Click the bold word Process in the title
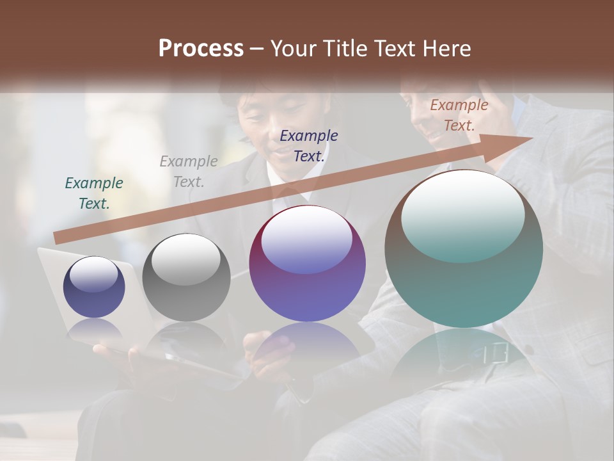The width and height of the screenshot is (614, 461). pos(201,49)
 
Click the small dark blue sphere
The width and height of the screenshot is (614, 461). pos(94,287)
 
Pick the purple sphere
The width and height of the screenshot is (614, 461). pos(307,263)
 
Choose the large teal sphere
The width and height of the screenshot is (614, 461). pos(464,249)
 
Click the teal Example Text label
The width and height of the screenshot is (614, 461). pos(94,193)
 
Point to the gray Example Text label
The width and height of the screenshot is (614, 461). pos(189,172)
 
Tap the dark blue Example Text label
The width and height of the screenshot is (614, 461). pos(309,145)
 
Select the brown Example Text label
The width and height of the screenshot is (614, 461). pos(459,115)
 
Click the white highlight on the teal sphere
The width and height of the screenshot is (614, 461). pos(462,214)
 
